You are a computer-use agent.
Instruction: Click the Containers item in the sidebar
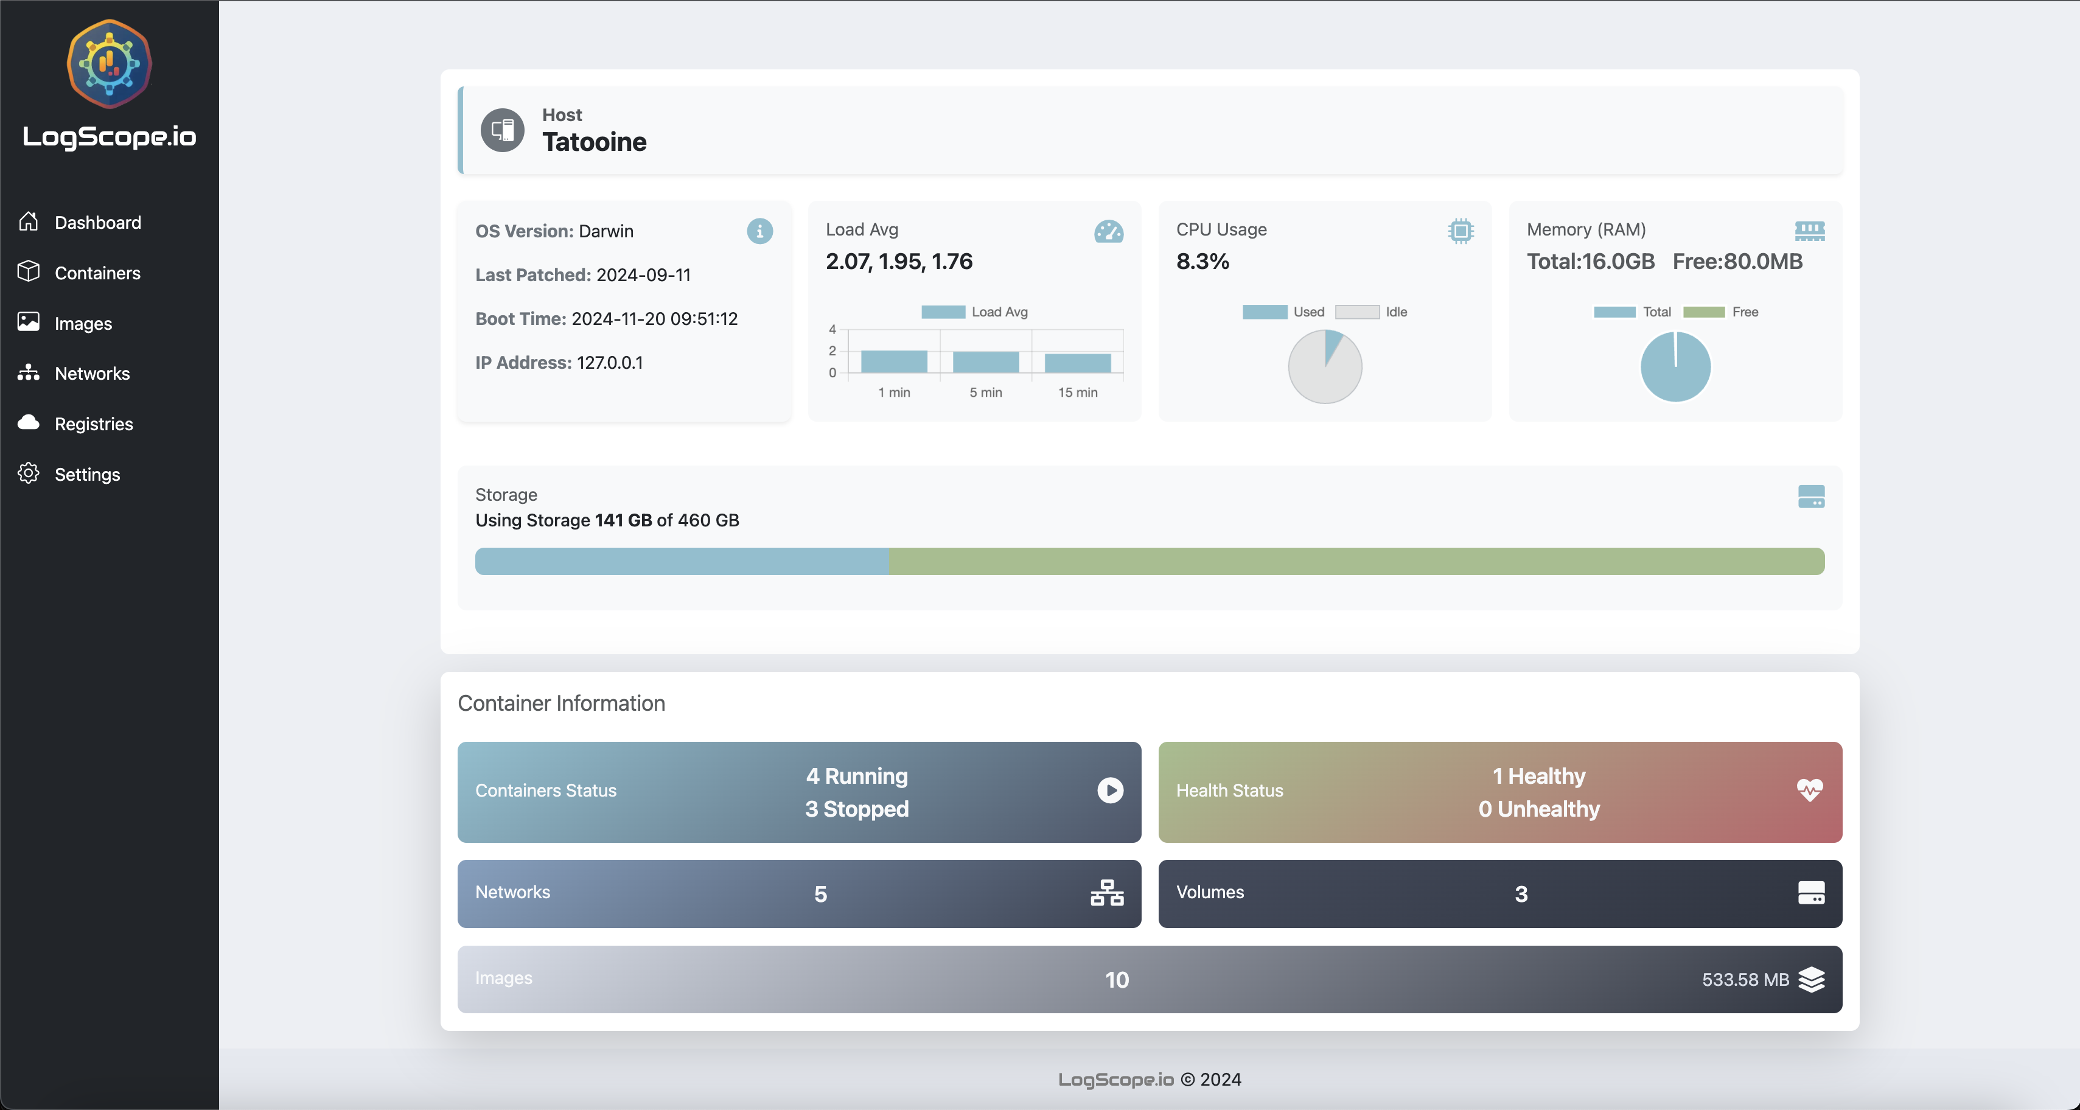coord(97,273)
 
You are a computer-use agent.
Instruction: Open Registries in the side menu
coord(94,424)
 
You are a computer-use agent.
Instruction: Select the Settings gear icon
coord(28,474)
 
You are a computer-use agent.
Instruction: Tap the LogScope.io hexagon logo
coord(109,64)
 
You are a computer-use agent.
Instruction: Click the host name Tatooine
coord(595,142)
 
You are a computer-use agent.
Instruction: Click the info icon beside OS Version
coord(759,232)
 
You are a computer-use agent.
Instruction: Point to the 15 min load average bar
coord(1077,363)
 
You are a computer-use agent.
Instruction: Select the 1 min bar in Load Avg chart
coord(894,361)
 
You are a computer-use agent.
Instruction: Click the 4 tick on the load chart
coord(832,329)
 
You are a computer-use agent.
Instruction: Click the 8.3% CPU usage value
coord(1202,262)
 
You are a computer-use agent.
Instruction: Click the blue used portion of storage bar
coord(682,561)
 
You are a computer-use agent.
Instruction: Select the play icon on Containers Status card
coord(1109,791)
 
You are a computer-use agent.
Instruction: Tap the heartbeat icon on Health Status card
coord(1810,791)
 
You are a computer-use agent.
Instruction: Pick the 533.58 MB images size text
coord(1745,980)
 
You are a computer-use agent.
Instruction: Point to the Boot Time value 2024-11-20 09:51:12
coord(654,319)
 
